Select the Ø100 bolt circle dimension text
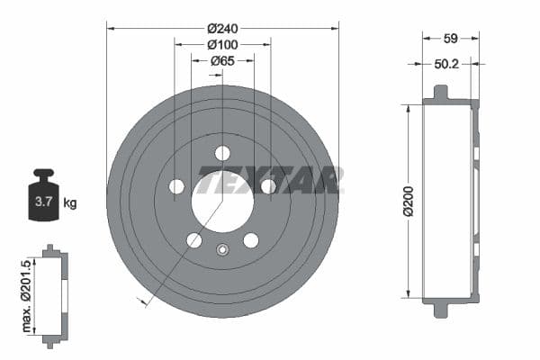tap(222, 43)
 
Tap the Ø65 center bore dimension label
tap(222, 61)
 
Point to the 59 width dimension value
tap(451, 39)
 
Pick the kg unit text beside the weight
tap(69, 202)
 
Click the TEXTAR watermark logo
tap(270, 180)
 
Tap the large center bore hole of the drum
tap(222, 201)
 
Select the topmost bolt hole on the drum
tap(222, 153)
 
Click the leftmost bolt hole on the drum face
tap(176, 186)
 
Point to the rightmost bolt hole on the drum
tap(268, 186)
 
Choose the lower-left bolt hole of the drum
tap(194, 240)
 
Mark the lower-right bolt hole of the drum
tap(251, 240)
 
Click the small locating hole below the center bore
tap(222, 249)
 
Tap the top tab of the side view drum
tap(440, 93)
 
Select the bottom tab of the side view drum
tap(440, 310)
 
